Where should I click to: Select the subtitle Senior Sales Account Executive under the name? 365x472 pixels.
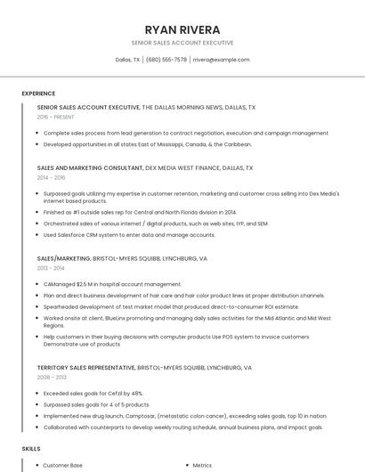coord(182,43)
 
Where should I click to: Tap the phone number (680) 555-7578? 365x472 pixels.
coord(166,60)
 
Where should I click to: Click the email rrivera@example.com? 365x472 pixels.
coord(221,60)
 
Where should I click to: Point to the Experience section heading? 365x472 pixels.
coord(38,94)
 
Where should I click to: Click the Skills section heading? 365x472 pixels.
coord(31,448)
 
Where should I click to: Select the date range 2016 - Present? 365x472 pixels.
coord(55,117)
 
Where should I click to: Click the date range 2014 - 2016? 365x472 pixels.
coord(51,177)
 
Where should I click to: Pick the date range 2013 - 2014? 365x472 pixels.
coord(51,268)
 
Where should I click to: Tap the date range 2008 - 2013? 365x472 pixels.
coord(51,377)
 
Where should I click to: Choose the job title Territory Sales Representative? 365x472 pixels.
coord(86,367)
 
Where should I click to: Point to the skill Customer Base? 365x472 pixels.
coord(62,465)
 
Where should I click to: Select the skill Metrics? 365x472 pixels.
coord(202,465)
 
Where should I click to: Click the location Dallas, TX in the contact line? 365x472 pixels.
coord(127,60)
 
